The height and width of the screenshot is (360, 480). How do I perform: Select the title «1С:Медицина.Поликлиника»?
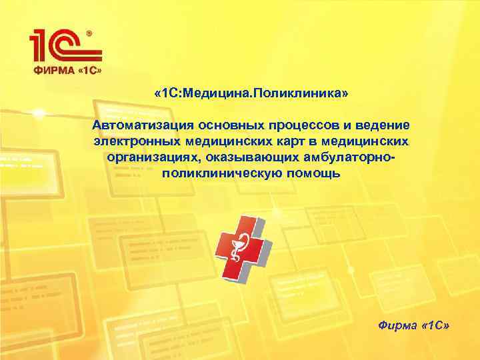tap(251, 94)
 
